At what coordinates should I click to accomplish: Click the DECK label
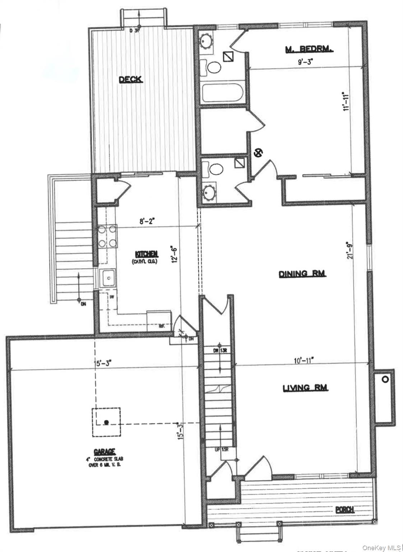click(x=131, y=79)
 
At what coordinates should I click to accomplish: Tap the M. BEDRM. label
click(x=309, y=49)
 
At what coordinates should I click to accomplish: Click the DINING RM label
click(x=302, y=274)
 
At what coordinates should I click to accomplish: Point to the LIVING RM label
click(x=305, y=388)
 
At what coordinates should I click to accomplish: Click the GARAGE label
click(x=104, y=451)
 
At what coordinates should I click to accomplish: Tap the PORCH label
click(x=345, y=509)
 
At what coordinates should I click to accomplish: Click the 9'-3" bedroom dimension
click(x=301, y=61)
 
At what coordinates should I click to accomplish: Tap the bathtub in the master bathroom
click(x=222, y=93)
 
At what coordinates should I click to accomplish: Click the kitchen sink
click(x=108, y=277)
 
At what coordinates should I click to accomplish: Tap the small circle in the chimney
click(x=385, y=379)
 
